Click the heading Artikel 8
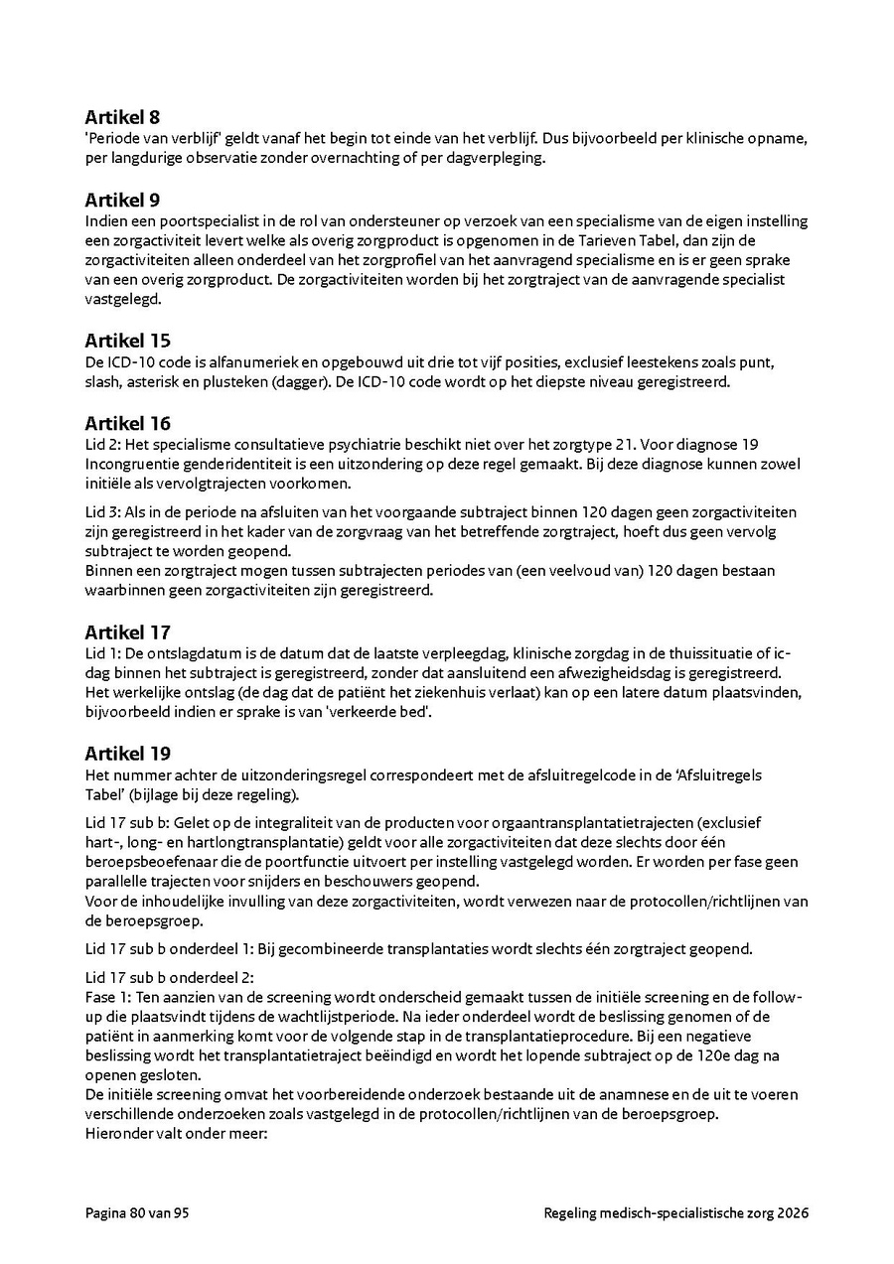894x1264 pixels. [123, 117]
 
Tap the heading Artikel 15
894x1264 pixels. [127, 341]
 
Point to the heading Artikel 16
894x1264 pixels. [127, 424]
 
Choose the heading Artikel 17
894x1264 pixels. [127, 632]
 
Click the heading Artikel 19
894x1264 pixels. [127, 754]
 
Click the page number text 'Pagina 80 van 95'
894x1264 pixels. [136, 1212]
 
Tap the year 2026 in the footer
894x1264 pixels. [793, 1212]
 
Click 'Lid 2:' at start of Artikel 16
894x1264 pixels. [101, 445]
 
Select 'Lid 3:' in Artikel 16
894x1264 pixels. [101, 511]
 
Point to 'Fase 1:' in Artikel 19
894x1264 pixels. [107, 996]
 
